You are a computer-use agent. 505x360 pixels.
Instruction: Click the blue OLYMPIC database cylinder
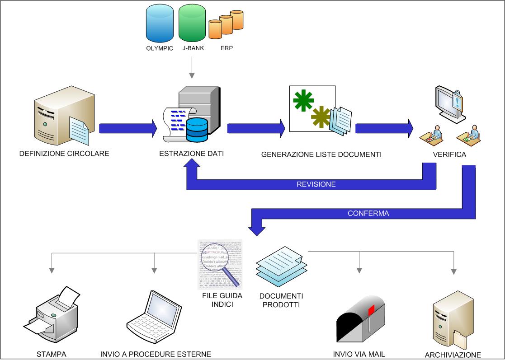pos(160,23)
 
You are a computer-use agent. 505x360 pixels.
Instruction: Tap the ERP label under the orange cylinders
pos(226,49)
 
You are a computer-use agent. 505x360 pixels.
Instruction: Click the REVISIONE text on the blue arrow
pos(316,184)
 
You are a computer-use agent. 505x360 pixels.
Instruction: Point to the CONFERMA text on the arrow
pos(368,213)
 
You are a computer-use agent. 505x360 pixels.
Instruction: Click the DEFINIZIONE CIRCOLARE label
pos(64,154)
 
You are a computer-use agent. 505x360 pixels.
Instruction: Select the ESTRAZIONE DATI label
pos(192,154)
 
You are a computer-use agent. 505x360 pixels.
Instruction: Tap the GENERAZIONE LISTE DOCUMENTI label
pos(321,154)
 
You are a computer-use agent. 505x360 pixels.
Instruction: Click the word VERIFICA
pos(449,154)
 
